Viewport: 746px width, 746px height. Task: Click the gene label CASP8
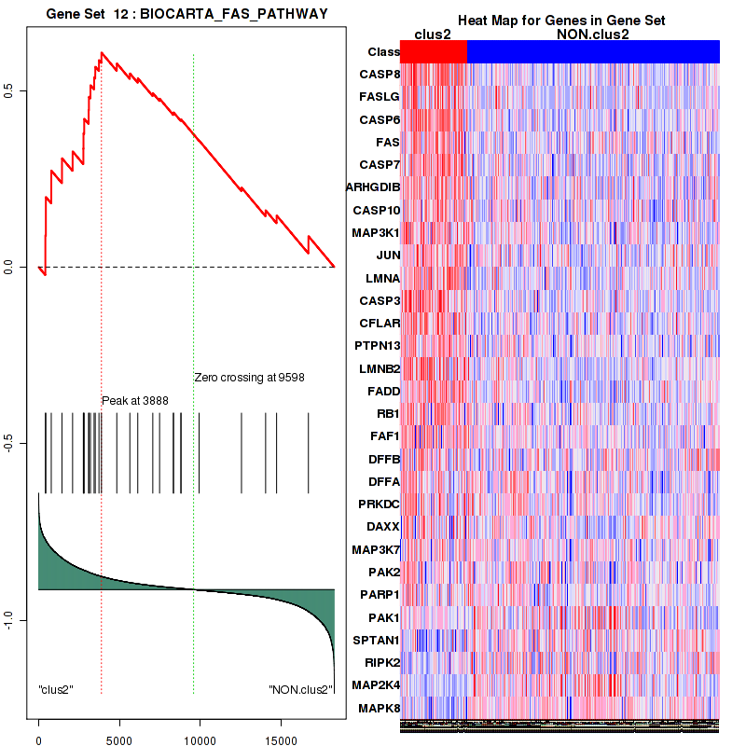(380, 74)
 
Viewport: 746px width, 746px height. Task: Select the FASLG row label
(380, 96)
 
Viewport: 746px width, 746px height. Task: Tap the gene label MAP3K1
(377, 232)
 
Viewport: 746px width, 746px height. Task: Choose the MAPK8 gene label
(380, 708)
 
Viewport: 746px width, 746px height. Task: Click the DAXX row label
(383, 527)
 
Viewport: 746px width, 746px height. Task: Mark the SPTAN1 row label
(378, 640)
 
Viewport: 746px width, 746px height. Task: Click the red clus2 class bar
(434, 52)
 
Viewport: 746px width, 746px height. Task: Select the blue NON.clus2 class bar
(593, 52)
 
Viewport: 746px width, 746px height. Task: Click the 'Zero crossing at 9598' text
(249, 378)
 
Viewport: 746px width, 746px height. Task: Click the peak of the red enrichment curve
(101, 53)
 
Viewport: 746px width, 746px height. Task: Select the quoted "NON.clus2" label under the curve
(300, 690)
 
